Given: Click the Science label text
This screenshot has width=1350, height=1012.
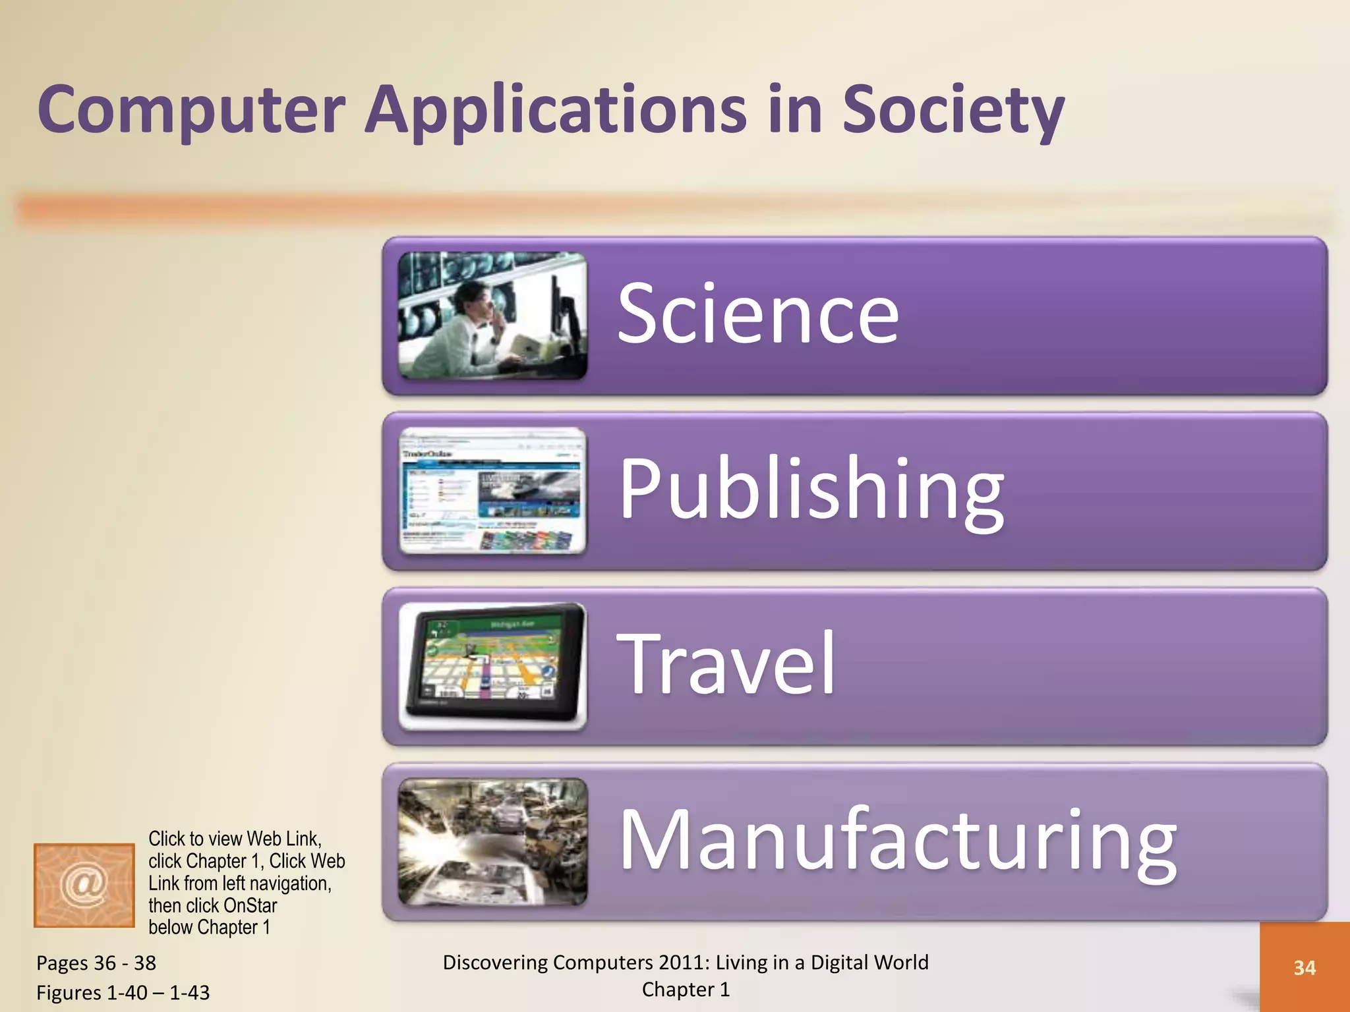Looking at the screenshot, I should click(x=758, y=314).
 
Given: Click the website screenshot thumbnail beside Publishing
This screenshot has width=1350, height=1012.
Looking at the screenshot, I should click(x=492, y=491).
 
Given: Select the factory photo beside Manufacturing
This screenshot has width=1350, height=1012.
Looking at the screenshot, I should click(x=492, y=841).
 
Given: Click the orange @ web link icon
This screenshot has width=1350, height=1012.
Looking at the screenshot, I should click(x=84, y=885).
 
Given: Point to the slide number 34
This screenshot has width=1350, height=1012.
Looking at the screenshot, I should click(x=1305, y=968).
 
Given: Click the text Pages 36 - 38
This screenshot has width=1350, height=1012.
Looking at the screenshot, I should click(x=96, y=963).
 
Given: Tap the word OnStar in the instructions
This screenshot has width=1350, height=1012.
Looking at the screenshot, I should click(x=250, y=905).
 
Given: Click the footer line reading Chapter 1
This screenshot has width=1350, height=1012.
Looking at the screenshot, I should click(x=686, y=990).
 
